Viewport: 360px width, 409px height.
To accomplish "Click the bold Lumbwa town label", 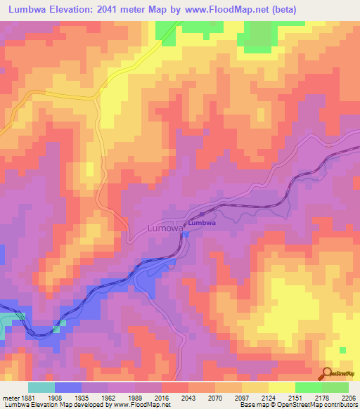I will click(202, 223).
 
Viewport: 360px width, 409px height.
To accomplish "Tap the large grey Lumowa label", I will click(165, 228).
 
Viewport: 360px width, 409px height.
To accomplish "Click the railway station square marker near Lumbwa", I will click(202, 214).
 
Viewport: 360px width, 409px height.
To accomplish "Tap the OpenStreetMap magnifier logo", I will click(326, 372).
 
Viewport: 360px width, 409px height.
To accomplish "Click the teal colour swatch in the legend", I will click(41, 387).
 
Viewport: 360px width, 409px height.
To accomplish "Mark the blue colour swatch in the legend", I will click(68, 387).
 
